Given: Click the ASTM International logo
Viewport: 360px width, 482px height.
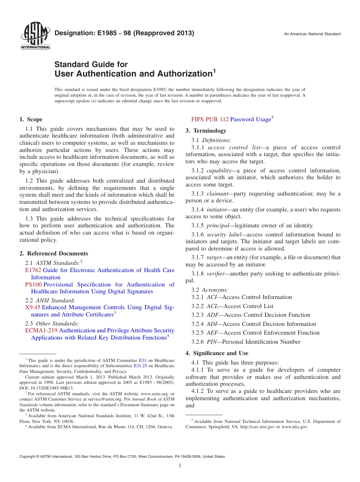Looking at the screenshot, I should tap(35, 36).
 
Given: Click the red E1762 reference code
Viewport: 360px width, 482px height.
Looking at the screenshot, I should tap(33, 270).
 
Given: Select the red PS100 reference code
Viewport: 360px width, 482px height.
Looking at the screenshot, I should tap(33, 285).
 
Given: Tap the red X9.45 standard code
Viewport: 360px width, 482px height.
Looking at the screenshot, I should tap(33, 307).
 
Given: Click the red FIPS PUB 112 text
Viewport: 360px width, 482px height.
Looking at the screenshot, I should tap(210, 119).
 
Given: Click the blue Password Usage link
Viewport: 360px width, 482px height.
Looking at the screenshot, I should tap(250, 119).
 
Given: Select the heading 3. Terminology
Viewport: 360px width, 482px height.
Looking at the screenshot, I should tap(206, 131).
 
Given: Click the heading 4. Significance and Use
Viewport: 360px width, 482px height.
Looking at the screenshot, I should tap(217, 353).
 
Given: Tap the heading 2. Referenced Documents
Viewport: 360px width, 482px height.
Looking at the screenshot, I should tap(53, 254).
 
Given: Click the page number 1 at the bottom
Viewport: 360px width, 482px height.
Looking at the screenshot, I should tap(180, 466).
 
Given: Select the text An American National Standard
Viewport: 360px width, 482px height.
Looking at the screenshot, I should tap(312, 34).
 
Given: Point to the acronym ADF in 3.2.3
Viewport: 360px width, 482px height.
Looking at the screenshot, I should tap(212, 315).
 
